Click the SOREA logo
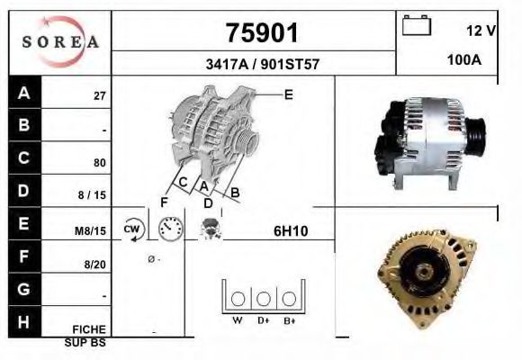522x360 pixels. pyautogui.click(x=60, y=41)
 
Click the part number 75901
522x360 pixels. pyautogui.click(x=262, y=33)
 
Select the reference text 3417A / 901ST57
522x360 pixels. pyautogui.click(x=263, y=64)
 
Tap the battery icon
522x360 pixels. pyautogui.click(x=417, y=25)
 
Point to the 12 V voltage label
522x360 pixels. pyautogui.click(x=481, y=31)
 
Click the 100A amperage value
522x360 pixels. pyautogui.click(x=464, y=60)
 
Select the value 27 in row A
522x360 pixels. pyautogui.click(x=100, y=96)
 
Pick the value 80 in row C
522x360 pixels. pyautogui.click(x=100, y=163)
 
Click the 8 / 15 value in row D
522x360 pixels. pyautogui.click(x=92, y=194)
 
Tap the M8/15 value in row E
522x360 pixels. pyautogui.click(x=90, y=230)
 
